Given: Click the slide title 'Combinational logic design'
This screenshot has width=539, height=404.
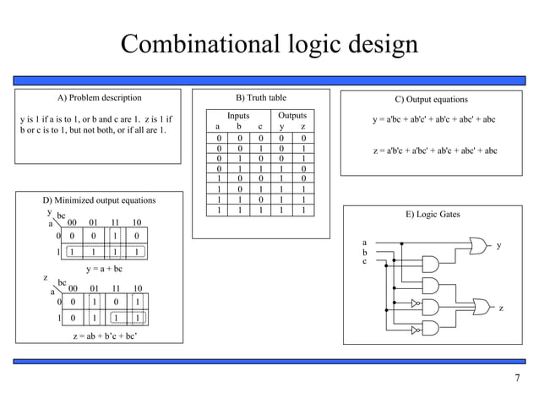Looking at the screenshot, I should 269,44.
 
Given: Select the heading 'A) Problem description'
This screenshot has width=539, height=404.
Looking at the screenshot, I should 93,98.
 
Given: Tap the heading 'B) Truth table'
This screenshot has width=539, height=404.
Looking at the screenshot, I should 260,98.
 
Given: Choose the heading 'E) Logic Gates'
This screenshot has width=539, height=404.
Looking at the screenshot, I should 433,215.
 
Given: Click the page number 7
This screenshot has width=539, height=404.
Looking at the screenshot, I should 517,377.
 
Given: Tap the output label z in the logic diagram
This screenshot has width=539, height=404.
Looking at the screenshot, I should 501,308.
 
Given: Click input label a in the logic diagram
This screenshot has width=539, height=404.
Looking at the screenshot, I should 364,242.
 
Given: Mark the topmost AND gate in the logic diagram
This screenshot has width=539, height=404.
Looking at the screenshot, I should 429,263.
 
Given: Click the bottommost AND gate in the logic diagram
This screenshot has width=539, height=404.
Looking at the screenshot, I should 429,329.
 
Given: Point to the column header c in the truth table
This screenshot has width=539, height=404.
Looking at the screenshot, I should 260,127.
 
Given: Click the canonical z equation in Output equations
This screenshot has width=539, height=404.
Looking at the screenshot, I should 434,150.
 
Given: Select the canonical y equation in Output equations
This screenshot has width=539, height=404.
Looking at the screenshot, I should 434,120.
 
